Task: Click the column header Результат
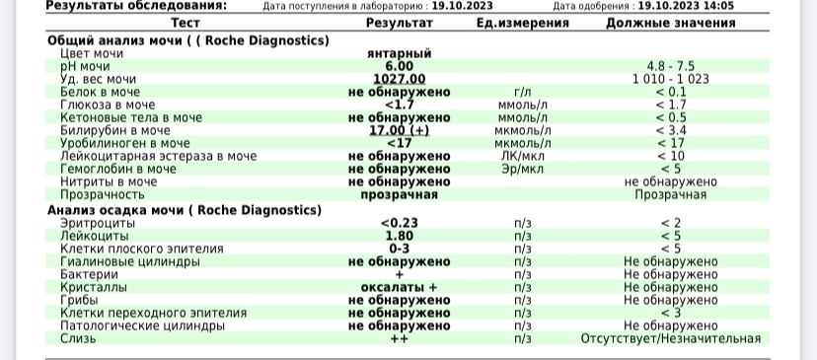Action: (399, 22)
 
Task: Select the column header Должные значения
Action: (670, 22)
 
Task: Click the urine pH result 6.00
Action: (399, 66)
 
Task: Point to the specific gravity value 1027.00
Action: (399, 79)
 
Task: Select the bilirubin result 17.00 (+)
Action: (399, 130)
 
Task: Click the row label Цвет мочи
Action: (93, 53)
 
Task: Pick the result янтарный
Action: (399, 53)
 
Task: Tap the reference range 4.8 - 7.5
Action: (670, 66)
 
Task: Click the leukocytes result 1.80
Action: (399, 236)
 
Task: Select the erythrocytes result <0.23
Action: (399, 223)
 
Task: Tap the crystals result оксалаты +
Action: (399, 287)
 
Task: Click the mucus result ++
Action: (399, 338)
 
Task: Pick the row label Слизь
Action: (79, 338)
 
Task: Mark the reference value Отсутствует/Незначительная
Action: (670, 338)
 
